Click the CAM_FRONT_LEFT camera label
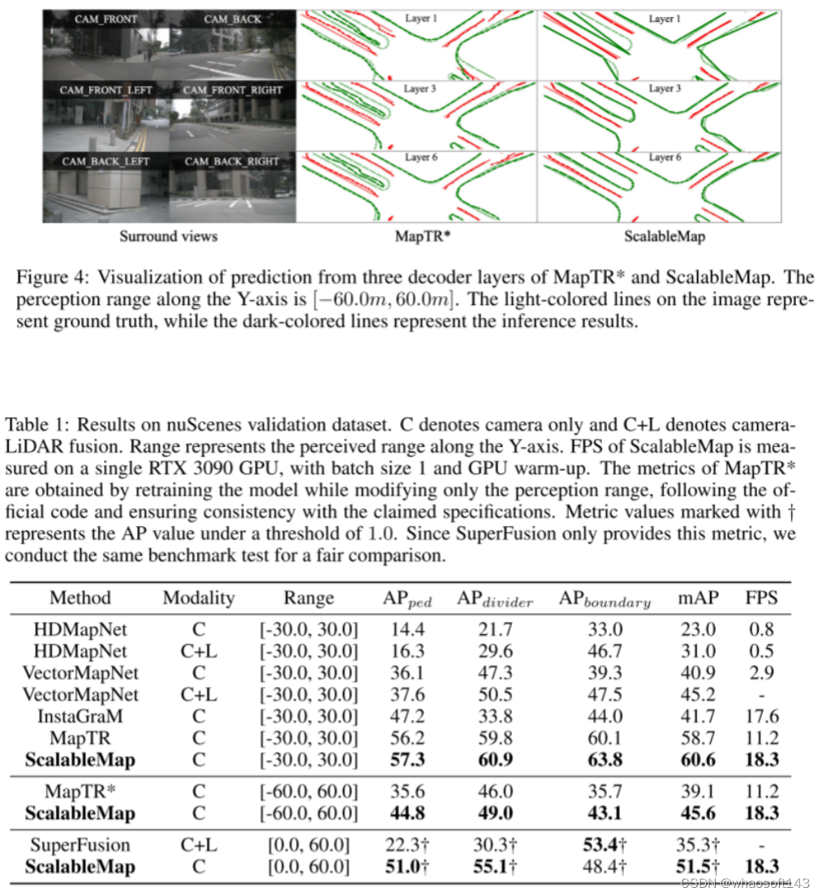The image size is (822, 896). [105, 90]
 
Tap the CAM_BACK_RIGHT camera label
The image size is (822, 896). [231, 161]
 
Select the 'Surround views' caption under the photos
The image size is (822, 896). [169, 237]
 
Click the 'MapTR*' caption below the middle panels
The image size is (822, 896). [418, 237]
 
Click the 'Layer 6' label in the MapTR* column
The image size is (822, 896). [421, 157]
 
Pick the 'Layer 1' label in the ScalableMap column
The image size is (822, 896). [665, 19]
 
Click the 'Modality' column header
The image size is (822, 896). [199, 598]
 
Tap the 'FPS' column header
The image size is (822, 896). [761, 598]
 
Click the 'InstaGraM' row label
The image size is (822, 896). [80, 716]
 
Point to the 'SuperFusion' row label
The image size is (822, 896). [80, 846]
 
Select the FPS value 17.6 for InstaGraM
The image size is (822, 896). [761, 716]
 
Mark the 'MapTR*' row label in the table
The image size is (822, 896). [80, 791]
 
